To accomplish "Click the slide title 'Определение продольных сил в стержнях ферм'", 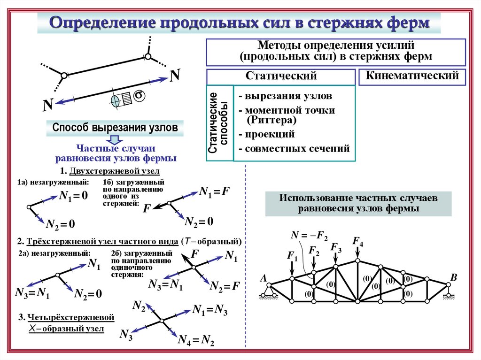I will [240, 23].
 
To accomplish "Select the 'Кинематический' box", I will [412, 77].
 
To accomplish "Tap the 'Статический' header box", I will [281, 77].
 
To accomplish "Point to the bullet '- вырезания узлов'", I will [285, 96].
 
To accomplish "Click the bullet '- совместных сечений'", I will [294, 149].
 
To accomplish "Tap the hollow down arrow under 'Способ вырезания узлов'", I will [114, 139].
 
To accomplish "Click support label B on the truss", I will [453, 277].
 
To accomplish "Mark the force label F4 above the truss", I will [358, 242].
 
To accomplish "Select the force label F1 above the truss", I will [292, 256].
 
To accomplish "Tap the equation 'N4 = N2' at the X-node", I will [196, 341].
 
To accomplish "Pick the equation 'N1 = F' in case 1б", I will [214, 191].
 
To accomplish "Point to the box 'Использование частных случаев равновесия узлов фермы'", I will [358, 203].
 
